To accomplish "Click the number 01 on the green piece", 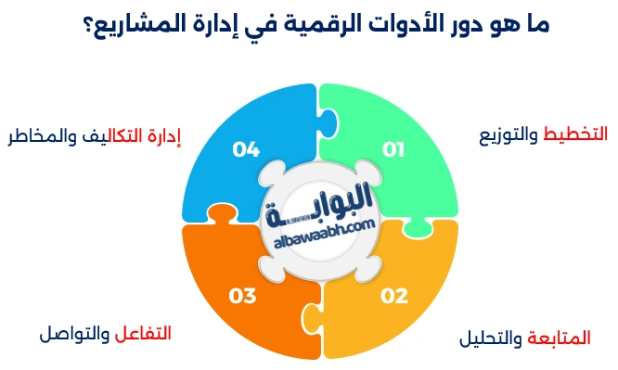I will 393,148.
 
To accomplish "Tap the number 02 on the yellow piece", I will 393,296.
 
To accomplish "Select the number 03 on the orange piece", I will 242,296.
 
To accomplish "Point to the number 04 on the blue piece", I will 246,148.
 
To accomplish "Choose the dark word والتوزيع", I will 509,135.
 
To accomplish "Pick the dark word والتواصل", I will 75,333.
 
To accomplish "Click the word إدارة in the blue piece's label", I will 163,137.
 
